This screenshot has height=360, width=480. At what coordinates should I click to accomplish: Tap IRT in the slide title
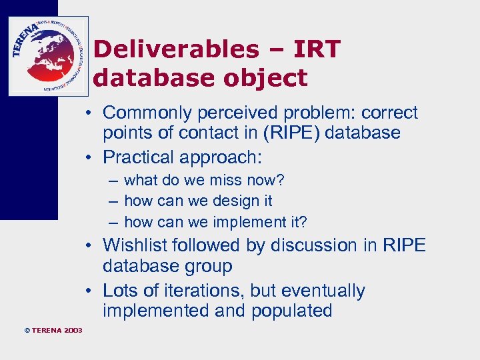314,49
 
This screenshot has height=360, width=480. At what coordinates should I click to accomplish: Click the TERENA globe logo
48,56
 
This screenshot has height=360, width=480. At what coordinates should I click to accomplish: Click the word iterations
211,291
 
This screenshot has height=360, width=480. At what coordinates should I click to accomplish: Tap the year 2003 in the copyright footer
74,330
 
